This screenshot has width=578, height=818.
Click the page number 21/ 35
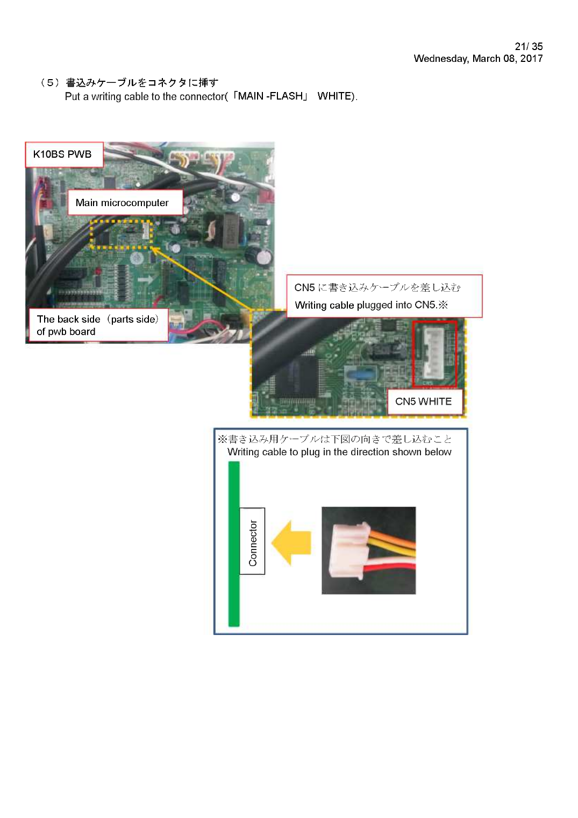(x=529, y=46)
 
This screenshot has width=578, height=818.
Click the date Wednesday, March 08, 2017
(x=478, y=59)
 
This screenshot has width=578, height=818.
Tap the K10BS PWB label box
(x=64, y=154)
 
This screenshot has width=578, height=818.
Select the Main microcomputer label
(x=125, y=202)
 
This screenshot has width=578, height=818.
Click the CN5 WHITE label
(x=425, y=401)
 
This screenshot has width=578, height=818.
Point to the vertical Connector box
(x=252, y=541)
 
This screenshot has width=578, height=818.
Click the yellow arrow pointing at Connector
(x=291, y=542)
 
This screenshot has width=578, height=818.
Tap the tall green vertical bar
(x=234, y=544)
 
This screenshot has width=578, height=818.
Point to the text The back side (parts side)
(x=98, y=319)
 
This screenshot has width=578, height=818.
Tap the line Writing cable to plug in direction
(x=339, y=452)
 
